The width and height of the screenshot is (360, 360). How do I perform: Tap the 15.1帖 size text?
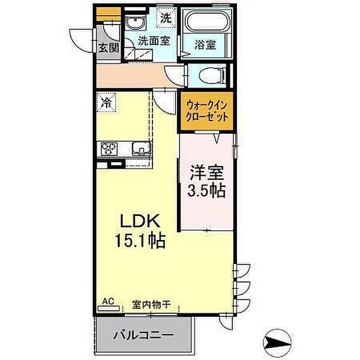pyautogui.click(x=142, y=241)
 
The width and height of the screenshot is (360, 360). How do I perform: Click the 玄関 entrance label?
pyautogui.click(x=109, y=47)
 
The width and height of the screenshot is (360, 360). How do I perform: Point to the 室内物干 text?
pyautogui.click(x=151, y=304)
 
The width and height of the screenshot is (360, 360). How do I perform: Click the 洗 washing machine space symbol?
pyautogui.click(x=164, y=17)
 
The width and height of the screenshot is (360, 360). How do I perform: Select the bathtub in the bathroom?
pyautogui.click(x=207, y=22)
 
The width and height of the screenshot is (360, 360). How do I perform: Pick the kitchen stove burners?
pyautogui.click(x=110, y=148)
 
